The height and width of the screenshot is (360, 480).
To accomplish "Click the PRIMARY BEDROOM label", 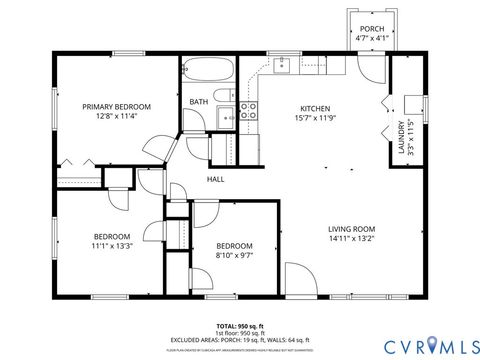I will click(x=116, y=106).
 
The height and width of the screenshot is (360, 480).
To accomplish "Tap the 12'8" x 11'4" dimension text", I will click(x=116, y=116).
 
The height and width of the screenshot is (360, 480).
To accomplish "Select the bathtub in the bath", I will click(x=210, y=71).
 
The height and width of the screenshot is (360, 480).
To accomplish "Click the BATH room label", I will click(x=199, y=101).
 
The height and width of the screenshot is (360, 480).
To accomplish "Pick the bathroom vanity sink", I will click(x=226, y=116).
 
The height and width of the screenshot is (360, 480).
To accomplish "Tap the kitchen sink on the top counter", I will click(x=283, y=66).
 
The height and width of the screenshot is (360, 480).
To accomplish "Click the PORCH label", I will click(x=372, y=28).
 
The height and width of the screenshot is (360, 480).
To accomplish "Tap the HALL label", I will click(x=215, y=179).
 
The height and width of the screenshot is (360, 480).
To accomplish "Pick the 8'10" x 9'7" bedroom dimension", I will click(x=235, y=256).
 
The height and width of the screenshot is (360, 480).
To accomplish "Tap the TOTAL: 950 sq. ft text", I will click(x=239, y=326).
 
